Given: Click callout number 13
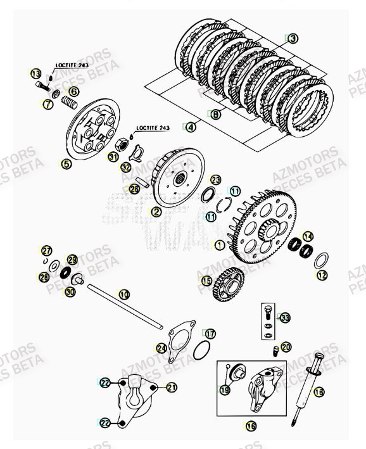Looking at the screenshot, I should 35,74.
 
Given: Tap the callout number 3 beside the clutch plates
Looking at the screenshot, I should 292,39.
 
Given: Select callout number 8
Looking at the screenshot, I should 215,115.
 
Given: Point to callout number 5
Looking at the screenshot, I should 66,164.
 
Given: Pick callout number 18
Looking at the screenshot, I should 319,392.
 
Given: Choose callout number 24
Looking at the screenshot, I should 161,348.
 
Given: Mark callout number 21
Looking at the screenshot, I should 172,387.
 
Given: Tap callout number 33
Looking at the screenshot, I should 285,317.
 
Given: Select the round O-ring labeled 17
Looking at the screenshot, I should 201,350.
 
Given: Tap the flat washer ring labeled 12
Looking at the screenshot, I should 321,259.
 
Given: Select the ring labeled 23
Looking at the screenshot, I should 208,195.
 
